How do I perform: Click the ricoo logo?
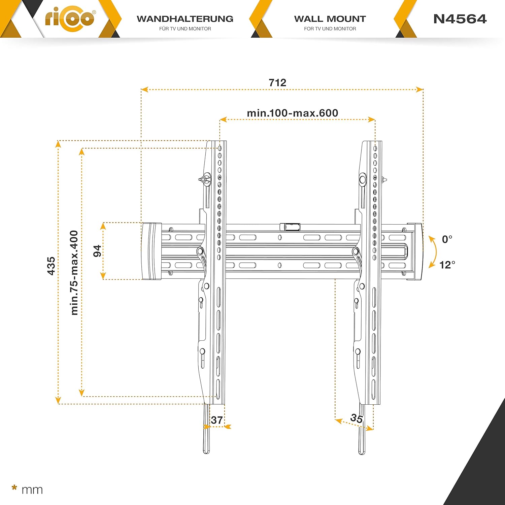[70, 18]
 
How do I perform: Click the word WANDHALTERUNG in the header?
[185, 19]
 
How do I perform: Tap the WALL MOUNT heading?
[330, 19]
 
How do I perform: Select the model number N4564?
[460, 19]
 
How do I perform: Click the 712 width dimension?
[277, 82]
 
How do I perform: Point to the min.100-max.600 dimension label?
[293, 113]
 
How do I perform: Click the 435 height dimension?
[51, 266]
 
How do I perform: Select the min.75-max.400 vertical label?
[74, 273]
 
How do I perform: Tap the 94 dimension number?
[97, 251]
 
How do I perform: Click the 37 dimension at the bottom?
[217, 420]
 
